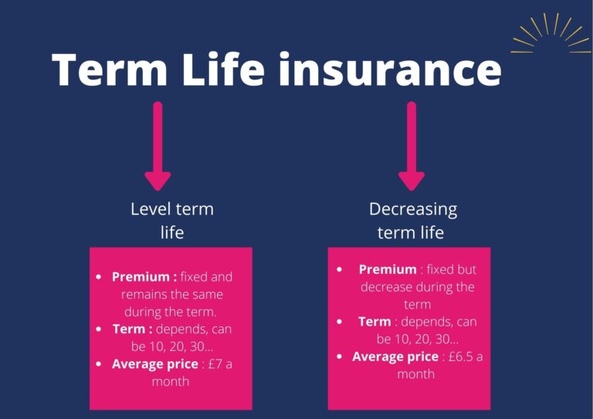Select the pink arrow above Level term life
[x=158, y=146]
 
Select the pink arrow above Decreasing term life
[x=412, y=146]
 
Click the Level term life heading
[x=171, y=220]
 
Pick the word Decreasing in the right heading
[x=412, y=209]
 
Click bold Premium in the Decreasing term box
[x=387, y=269]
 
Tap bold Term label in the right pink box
[x=374, y=322]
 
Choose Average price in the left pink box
[x=155, y=364]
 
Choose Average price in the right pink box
[x=395, y=356]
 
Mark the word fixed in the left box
[x=195, y=277]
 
